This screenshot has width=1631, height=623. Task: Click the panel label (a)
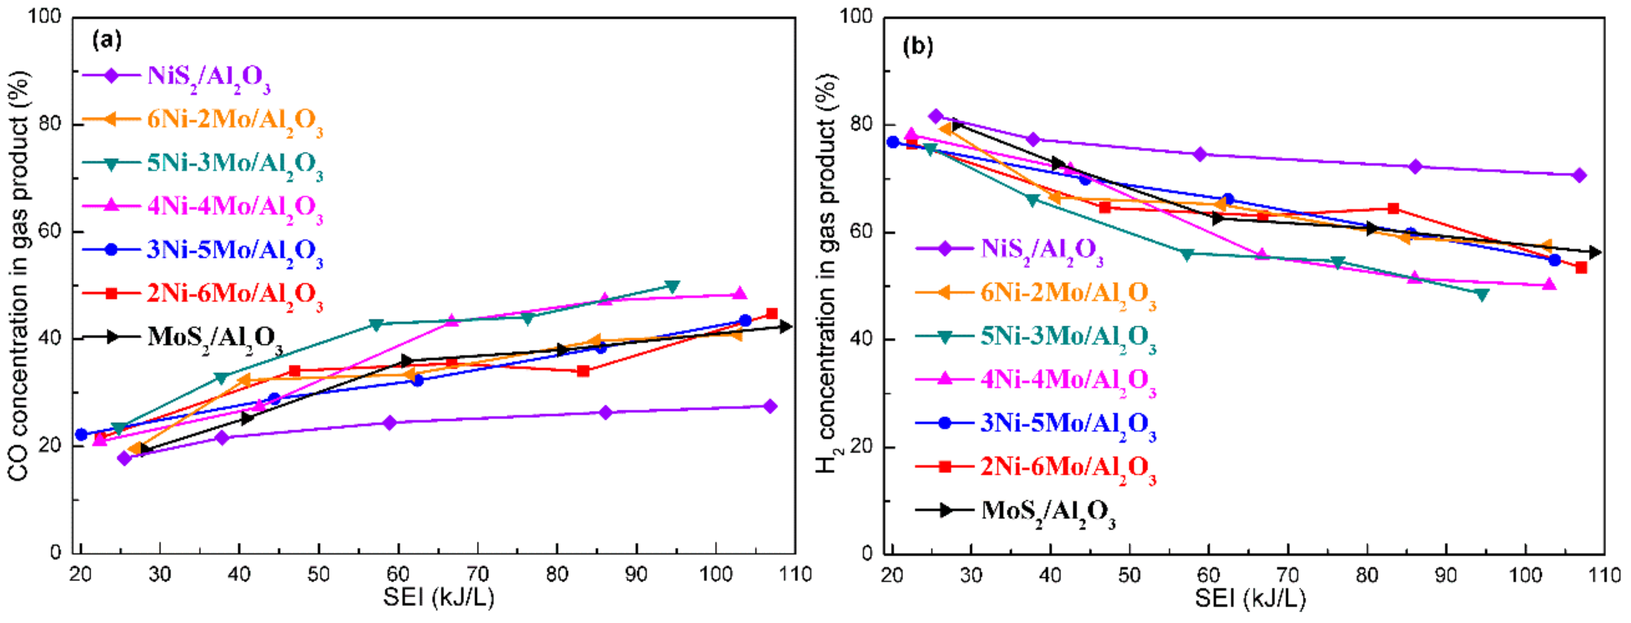[x=106, y=40]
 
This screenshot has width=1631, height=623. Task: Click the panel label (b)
[x=918, y=46]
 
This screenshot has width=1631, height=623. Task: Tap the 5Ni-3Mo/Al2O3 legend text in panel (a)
[x=235, y=164]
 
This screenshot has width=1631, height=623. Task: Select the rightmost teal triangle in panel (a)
[x=672, y=287]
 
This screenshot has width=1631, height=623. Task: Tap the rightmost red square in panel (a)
[x=772, y=314]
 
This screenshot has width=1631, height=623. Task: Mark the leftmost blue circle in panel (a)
[x=81, y=434]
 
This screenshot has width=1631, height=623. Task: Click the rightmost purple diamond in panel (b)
[x=1579, y=175]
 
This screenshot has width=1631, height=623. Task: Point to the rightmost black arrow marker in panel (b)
[x=1595, y=252]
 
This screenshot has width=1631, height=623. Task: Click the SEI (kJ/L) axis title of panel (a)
[x=438, y=597]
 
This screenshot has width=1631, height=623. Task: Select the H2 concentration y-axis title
[x=826, y=272]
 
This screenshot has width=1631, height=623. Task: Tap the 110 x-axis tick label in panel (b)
[x=1604, y=575]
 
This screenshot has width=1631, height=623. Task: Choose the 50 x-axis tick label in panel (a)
[x=318, y=575]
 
